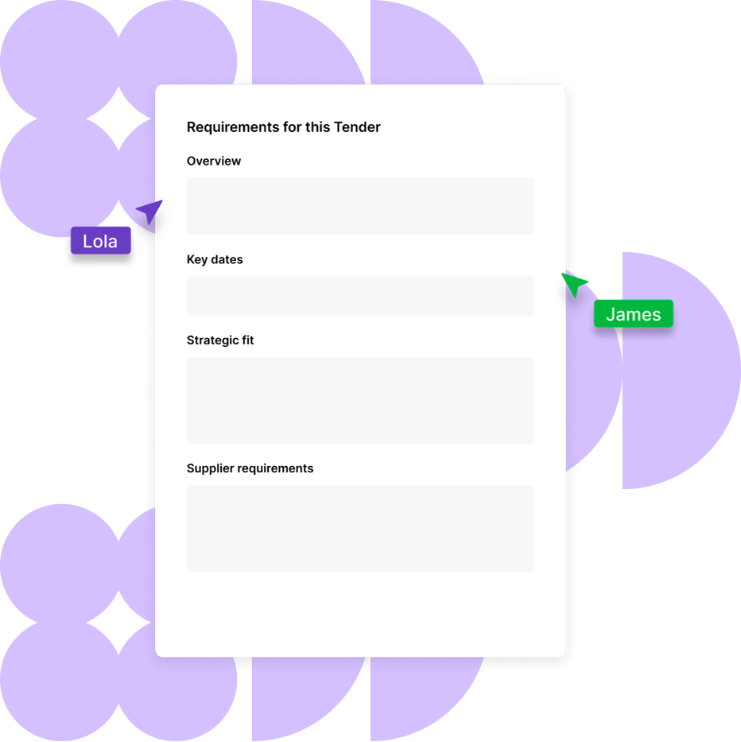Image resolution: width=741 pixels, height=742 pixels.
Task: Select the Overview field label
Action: coord(214,161)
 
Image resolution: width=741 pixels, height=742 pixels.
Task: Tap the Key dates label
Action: coord(215,259)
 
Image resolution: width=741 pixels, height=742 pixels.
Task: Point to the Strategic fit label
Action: coord(220,340)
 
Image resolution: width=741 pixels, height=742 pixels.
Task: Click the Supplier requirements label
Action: coord(250,468)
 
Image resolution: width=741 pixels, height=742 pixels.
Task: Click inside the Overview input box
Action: coord(360,206)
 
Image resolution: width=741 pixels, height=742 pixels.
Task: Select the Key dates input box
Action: coord(360,296)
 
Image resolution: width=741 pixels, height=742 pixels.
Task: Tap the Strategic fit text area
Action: coord(360,400)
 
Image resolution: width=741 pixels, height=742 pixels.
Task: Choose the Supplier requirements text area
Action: coord(360,528)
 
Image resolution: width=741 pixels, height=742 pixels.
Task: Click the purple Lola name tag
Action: coord(100,241)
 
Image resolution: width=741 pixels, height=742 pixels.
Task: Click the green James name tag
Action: coord(634,314)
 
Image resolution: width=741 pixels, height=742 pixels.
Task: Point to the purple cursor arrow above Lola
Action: coord(149,212)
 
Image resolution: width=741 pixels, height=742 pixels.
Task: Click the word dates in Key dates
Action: coord(227,259)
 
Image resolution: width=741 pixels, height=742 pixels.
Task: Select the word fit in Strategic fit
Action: coord(246,340)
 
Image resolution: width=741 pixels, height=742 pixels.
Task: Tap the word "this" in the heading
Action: coord(317,127)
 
